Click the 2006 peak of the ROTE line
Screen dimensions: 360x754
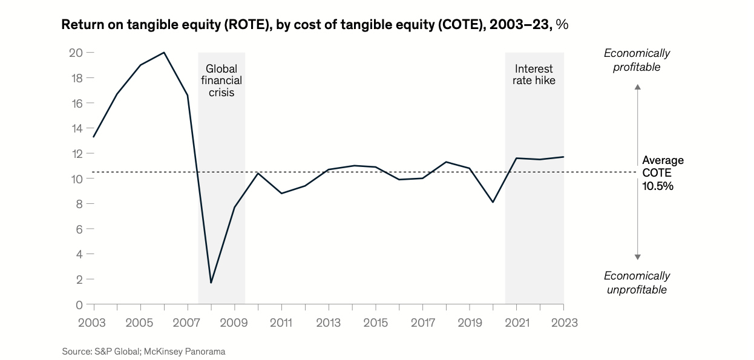[164, 53]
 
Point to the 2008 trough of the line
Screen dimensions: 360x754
[211, 283]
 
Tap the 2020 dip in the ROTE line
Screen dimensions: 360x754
[493, 202]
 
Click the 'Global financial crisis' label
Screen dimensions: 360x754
[221, 80]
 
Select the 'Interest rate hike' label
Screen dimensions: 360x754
[534, 74]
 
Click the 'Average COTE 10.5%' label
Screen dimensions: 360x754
[662, 173]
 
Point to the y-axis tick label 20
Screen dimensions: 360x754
[75, 53]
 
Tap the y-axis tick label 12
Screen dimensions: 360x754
[76, 153]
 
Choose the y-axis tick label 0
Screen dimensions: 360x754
[79, 304]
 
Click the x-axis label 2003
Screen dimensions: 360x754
[93, 322]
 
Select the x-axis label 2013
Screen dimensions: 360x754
[328, 322]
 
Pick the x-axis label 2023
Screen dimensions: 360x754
[563, 322]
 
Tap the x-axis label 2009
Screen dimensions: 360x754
[234, 322]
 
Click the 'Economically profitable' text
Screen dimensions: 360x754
[637, 60]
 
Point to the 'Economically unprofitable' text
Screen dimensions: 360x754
[637, 283]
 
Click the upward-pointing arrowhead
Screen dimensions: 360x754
[637, 88]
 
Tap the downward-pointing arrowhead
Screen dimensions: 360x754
[637, 257]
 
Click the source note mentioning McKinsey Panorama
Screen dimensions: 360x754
[143, 351]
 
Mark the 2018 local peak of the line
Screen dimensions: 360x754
[446, 162]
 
